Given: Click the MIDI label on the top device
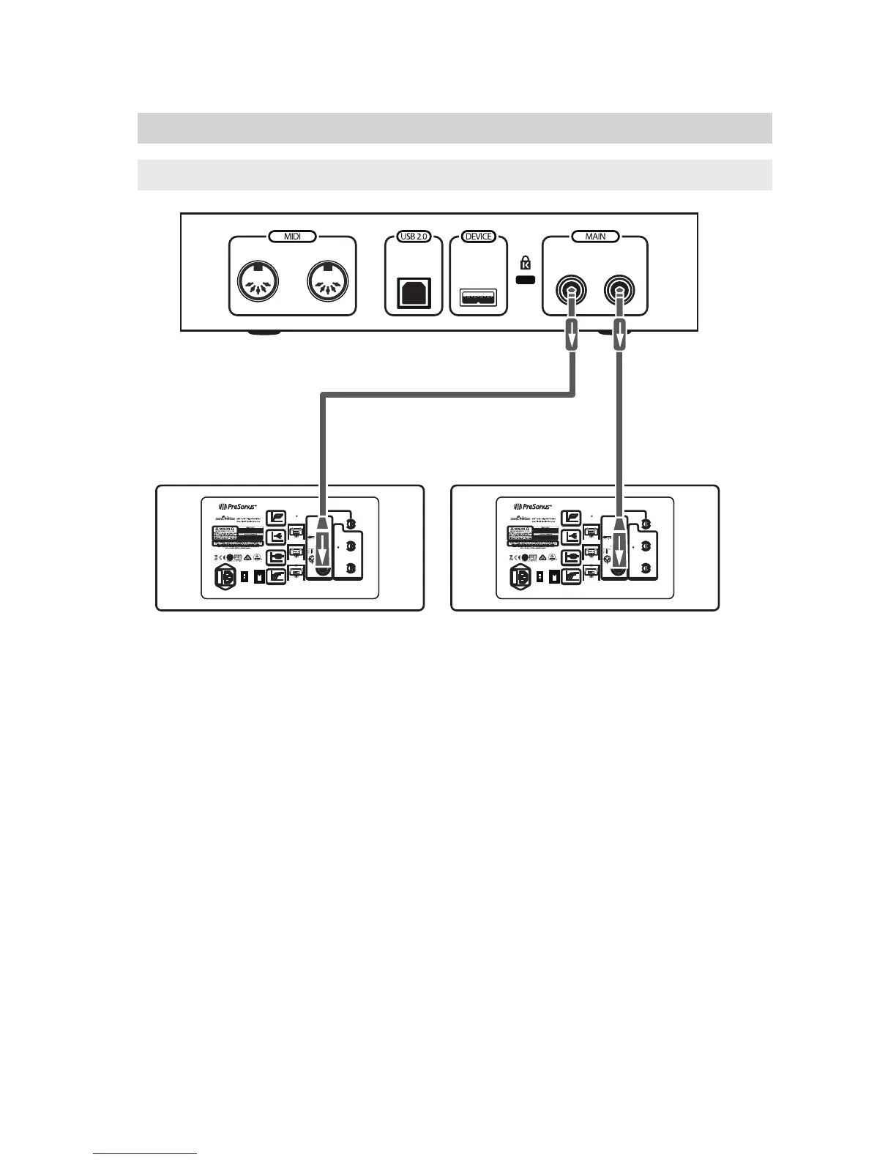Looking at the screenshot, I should click(293, 237).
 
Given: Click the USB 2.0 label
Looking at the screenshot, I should click(414, 237).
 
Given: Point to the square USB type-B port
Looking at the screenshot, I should click(414, 293).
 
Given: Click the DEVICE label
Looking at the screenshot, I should click(479, 237).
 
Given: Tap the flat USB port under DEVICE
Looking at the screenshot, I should click(478, 297).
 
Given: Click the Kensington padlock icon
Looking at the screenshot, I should click(525, 262).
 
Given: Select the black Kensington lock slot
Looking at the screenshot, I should click(525, 280).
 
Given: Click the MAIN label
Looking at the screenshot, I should click(595, 237).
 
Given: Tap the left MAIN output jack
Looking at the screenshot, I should click(570, 291).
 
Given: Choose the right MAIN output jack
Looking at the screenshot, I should click(619, 291).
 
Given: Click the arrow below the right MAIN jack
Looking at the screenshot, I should click(620, 336).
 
